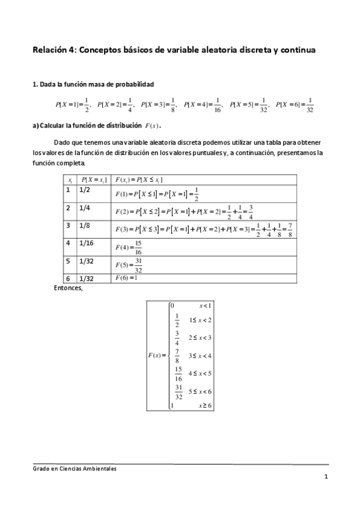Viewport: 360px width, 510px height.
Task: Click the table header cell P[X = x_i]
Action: [x=94, y=179]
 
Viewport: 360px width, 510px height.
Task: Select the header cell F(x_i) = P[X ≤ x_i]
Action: [x=139, y=179]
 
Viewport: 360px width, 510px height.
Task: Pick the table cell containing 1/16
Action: [x=85, y=243]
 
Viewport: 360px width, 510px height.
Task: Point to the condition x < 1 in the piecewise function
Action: [x=206, y=306]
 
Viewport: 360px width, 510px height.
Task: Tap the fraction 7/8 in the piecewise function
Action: [x=177, y=355]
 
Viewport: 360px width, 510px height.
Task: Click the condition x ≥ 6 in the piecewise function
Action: [x=206, y=406]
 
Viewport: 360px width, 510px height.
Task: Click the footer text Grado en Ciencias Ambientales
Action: [x=74, y=469]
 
